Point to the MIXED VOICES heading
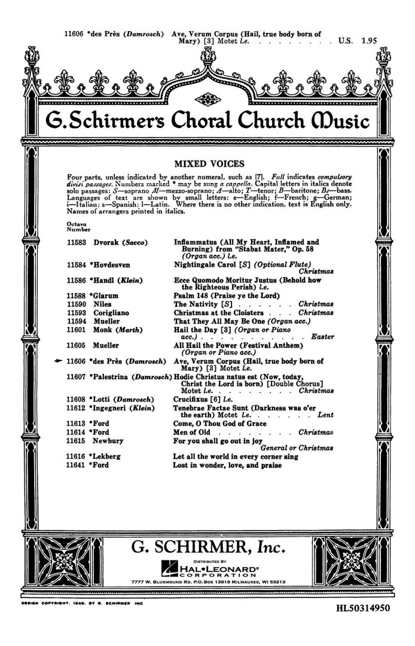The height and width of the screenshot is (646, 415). point(207,161)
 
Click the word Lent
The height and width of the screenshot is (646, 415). point(325,414)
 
